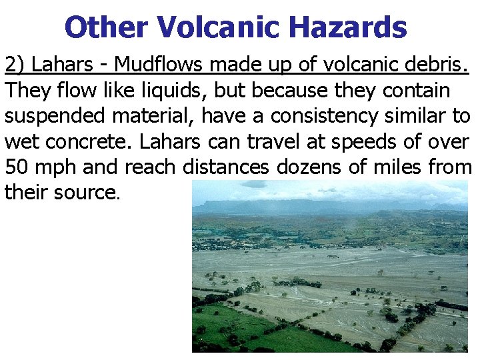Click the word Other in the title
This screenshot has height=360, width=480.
point(107,28)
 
